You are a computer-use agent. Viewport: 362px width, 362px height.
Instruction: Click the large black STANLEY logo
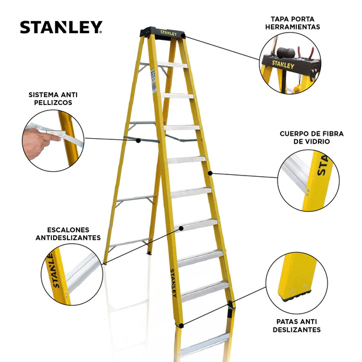click(x=61, y=27)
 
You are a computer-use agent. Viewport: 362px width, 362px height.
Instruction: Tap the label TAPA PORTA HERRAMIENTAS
click(x=293, y=23)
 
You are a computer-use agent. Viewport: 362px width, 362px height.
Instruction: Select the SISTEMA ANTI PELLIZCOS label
click(x=53, y=98)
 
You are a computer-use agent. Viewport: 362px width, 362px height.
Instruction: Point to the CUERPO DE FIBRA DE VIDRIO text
click(x=311, y=138)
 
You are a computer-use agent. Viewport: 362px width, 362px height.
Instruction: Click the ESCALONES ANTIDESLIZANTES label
click(x=68, y=233)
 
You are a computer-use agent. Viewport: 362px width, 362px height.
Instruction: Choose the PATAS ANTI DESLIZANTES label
click(x=297, y=325)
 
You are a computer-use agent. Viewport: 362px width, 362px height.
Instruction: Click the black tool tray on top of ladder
click(x=162, y=33)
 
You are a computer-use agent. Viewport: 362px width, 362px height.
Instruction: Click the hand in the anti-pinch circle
click(x=37, y=142)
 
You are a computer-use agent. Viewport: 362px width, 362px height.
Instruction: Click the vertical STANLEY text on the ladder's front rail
click(x=173, y=283)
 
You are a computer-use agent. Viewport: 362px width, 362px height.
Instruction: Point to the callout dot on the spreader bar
click(x=138, y=140)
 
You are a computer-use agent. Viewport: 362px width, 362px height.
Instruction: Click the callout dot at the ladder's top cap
click(x=183, y=36)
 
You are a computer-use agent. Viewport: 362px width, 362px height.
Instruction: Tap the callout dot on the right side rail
click(x=210, y=173)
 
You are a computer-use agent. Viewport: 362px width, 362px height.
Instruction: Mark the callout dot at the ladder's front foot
click(x=181, y=326)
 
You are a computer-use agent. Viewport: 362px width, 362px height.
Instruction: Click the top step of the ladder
click(x=172, y=65)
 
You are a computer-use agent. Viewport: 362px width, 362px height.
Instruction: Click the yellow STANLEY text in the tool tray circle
click(x=283, y=65)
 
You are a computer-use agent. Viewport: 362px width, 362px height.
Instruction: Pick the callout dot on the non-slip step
click(x=181, y=228)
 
